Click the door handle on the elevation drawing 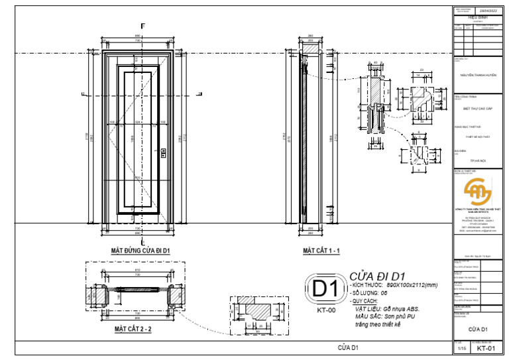point(162,154)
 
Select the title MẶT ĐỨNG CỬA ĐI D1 point(141,251)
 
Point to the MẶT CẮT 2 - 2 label point(133,329)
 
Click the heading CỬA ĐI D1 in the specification point(377,276)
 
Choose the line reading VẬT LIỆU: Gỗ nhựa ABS point(386,309)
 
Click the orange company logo point(477,192)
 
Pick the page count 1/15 point(461,347)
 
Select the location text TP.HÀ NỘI point(477,160)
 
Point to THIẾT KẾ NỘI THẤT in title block point(477,137)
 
